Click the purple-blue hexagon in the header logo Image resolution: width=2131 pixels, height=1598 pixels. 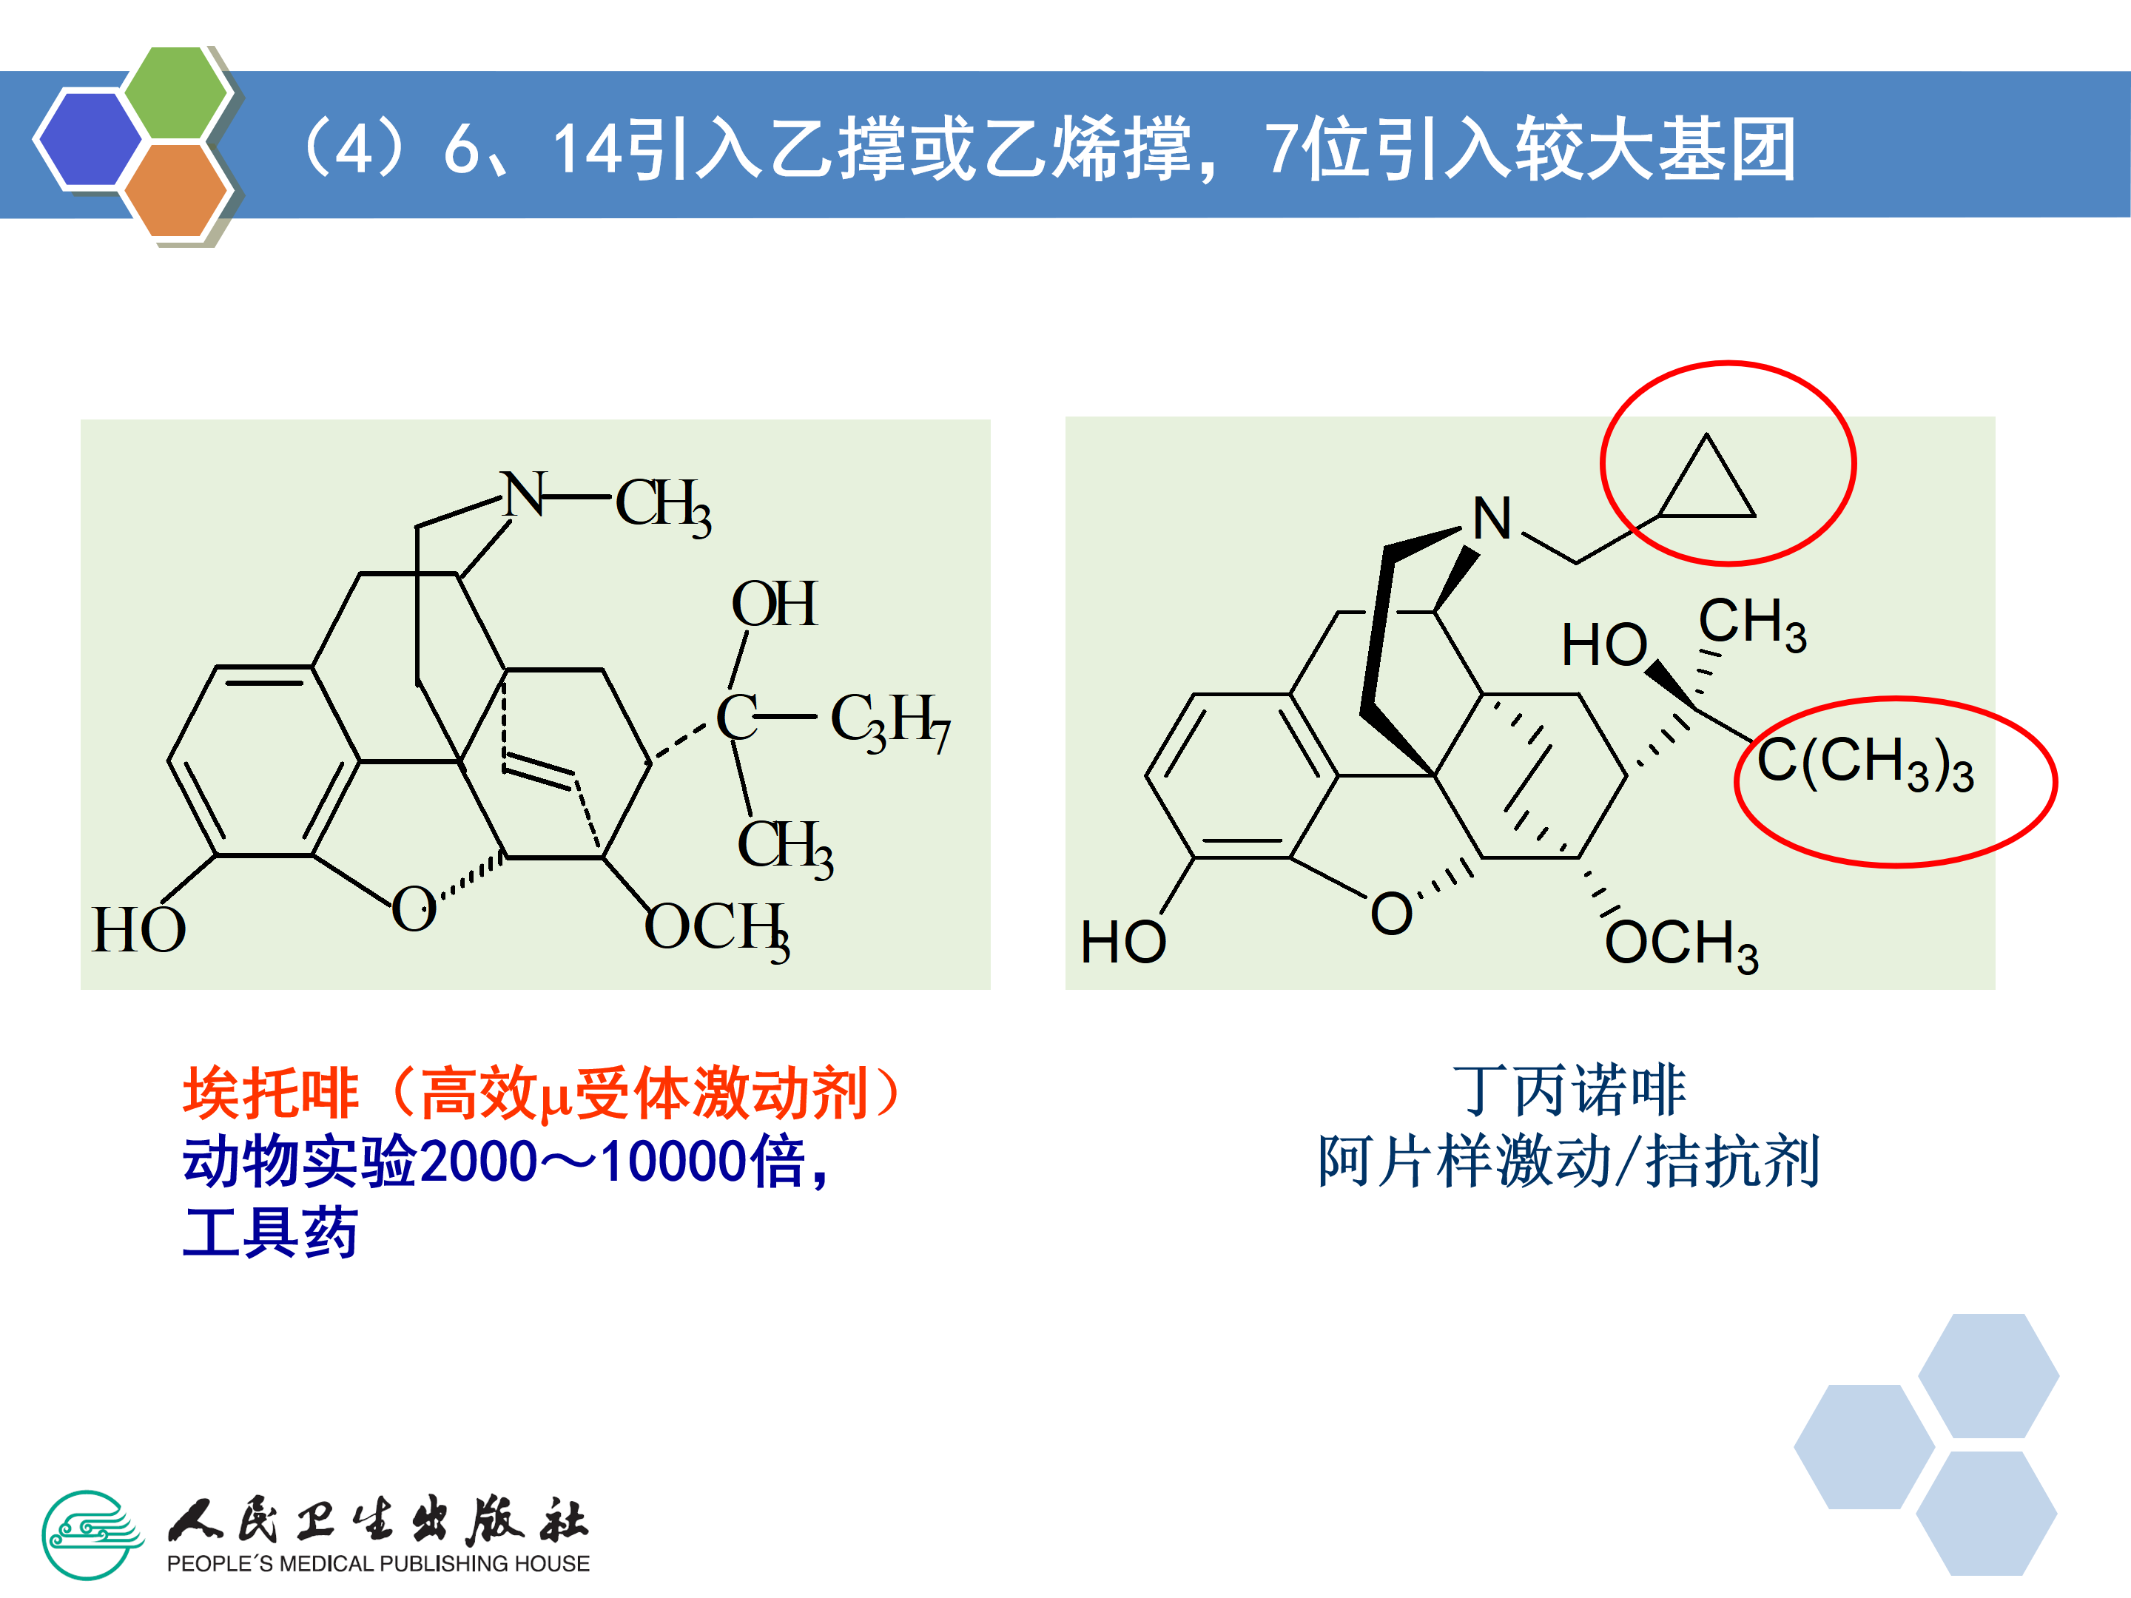click(89, 138)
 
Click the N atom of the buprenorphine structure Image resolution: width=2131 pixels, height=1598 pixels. click(1492, 519)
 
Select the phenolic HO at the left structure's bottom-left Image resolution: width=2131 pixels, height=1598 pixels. click(138, 931)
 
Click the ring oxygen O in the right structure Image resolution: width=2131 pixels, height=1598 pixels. click(1391, 913)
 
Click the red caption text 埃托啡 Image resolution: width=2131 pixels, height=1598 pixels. click(272, 1093)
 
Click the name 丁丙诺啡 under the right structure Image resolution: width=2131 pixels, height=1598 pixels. click(1569, 1090)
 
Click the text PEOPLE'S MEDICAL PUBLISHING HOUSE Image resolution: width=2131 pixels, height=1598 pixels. click(377, 1564)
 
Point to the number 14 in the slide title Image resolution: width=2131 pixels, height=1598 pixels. click(588, 150)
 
